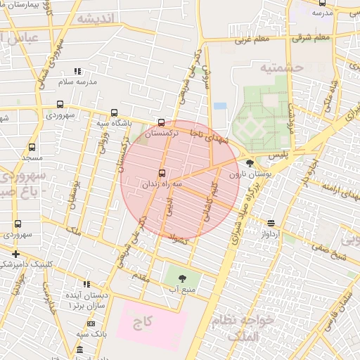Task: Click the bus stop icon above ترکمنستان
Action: click(x=162, y=122)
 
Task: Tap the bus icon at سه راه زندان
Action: click(x=162, y=172)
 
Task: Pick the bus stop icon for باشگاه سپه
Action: click(x=115, y=112)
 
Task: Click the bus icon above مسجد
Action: click(x=32, y=148)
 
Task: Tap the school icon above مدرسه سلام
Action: click(x=78, y=71)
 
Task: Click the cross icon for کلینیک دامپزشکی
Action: click(x=15, y=254)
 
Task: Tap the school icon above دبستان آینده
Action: click(x=86, y=283)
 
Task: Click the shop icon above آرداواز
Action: click(x=270, y=222)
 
